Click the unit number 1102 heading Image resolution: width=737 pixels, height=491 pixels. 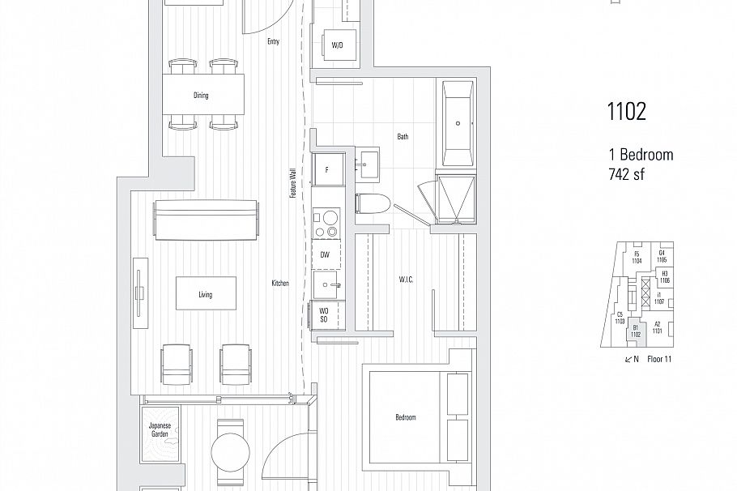point(626,112)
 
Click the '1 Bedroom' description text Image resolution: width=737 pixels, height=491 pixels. point(641,155)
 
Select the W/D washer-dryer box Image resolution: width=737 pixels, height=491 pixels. point(337,45)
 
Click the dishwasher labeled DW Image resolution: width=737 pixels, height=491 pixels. point(325,254)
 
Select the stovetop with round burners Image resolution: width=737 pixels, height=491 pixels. point(326,224)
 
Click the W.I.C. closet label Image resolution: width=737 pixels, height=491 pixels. point(407,280)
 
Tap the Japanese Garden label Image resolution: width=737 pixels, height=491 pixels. point(159,430)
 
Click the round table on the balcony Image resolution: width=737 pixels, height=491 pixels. point(231,448)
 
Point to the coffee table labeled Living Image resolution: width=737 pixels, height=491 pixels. point(206,295)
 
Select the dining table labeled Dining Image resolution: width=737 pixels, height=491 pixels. point(202,96)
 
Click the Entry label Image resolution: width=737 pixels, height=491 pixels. point(273,41)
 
